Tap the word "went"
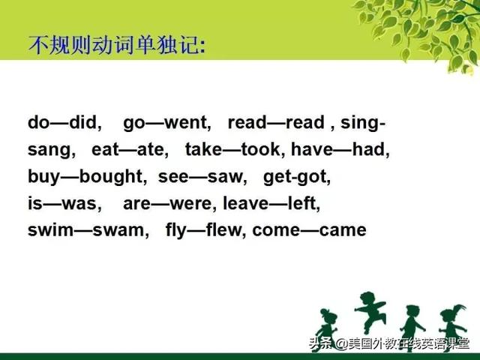187,123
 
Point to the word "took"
261,149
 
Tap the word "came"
343,230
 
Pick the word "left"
304,203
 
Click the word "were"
193,203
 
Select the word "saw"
226,177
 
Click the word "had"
370,149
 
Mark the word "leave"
245,203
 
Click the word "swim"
50,230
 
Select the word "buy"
43,177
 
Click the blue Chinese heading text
117,46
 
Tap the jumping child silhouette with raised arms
370,311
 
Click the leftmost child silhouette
327,327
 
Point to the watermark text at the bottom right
389,343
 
